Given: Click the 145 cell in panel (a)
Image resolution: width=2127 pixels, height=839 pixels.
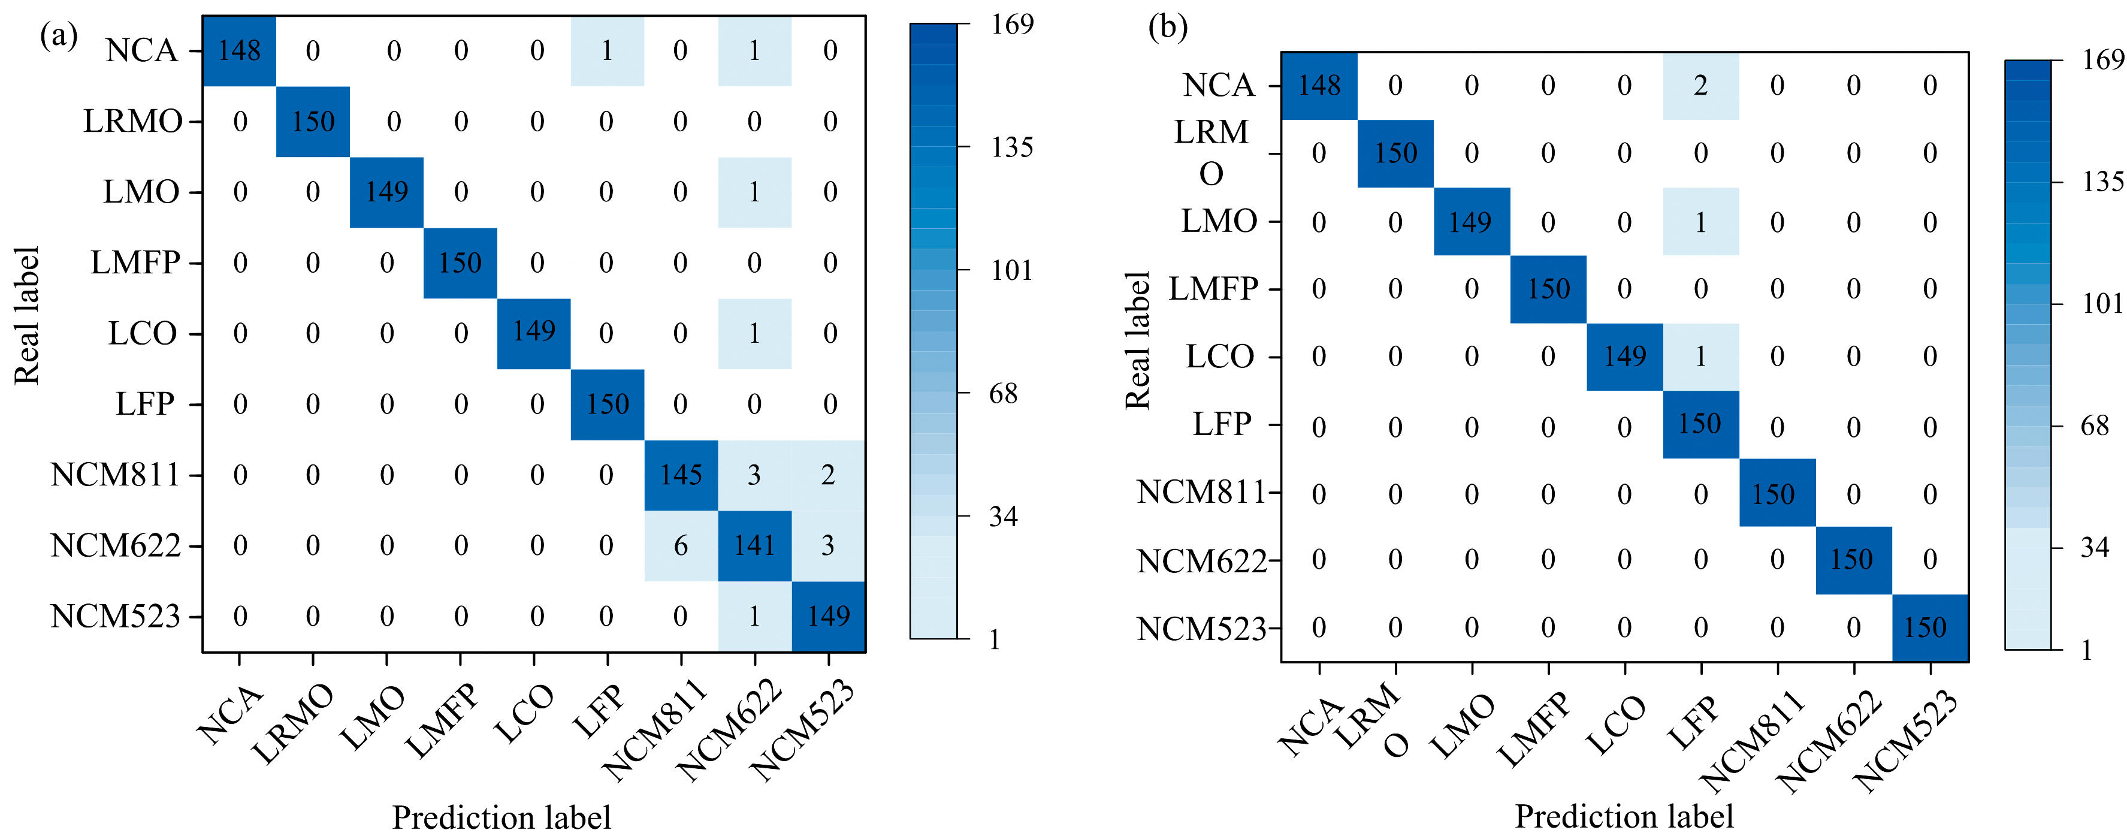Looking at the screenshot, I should click(681, 475).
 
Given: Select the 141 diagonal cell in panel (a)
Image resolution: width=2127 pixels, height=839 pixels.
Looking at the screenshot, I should click(754, 545).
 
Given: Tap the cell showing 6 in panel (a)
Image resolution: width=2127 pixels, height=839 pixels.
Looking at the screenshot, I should click(681, 545).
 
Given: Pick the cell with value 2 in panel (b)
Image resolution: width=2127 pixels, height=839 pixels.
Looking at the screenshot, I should click(1700, 86).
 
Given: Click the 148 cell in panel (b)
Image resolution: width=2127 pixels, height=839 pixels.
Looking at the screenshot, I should click(1319, 86).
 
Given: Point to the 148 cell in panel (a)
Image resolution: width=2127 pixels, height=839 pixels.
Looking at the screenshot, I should click(240, 50).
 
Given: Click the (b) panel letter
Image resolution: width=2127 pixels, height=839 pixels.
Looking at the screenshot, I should click(1168, 27).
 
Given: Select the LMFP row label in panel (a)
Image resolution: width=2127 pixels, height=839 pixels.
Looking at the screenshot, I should click(135, 262).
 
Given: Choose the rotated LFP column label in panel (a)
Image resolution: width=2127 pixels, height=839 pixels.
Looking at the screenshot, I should click(600, 712).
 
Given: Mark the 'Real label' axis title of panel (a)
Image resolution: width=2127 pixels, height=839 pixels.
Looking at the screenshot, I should click(26, 315).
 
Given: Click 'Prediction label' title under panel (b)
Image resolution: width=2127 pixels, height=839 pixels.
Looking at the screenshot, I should click(1623, 816).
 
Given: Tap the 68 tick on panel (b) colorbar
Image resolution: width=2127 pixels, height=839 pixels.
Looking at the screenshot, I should click(2095, 425).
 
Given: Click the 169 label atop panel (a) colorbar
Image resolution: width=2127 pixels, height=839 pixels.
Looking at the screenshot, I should click(1013, 25).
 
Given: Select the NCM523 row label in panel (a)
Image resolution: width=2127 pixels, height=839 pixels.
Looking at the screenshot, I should click(116, 616).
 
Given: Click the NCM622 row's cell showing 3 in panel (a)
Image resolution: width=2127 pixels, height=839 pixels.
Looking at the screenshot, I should click(827, 545).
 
